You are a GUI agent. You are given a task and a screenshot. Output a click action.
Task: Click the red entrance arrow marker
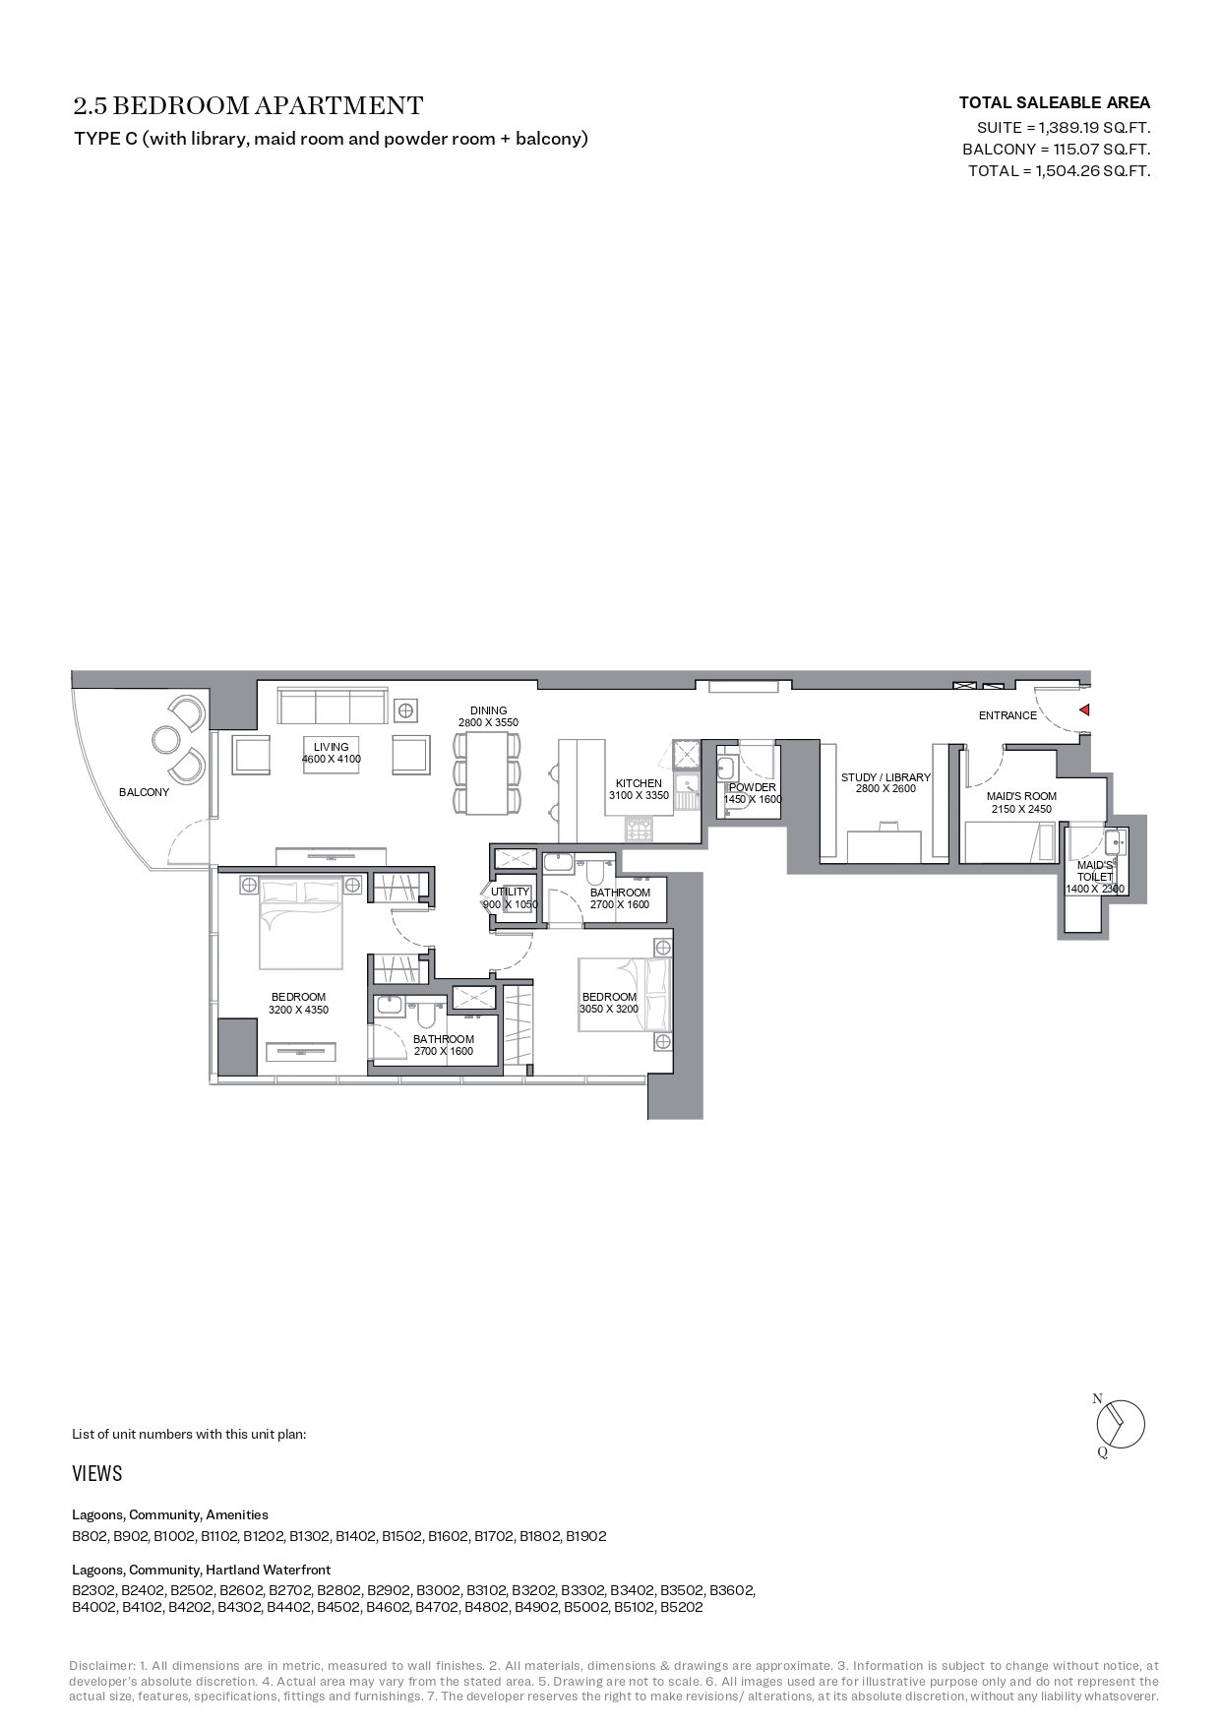coord(1084,709)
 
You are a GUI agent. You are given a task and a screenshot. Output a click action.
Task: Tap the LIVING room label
coord(332,747)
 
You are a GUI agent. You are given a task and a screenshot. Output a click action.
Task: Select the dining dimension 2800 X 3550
coord(488,722)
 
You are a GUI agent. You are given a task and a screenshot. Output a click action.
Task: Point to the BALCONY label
coord(144,792)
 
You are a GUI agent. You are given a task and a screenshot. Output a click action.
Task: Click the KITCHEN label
coord(639,783)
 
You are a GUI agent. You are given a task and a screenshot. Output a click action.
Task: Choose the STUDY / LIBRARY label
coord(885,777)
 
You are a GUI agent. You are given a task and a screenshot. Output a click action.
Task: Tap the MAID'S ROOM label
coord(1021,796)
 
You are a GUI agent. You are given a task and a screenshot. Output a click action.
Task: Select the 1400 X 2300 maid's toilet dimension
coord(1094,889)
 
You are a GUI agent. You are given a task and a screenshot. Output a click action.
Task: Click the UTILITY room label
coord(510,892)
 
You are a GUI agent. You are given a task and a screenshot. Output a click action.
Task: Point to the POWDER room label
coord(753,787)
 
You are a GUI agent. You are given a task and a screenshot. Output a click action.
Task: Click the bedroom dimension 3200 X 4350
coord(299,1010)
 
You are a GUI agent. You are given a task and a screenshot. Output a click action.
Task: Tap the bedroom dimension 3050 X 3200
coord(609,1009)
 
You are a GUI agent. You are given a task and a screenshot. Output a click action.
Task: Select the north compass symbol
coord(1121,1424)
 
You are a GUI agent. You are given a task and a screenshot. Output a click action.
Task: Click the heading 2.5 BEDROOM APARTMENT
coord(248,105)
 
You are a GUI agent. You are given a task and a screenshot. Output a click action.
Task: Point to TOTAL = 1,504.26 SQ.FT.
coord(1059,171)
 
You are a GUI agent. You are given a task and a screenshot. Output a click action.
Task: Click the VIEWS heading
coord(97,1473)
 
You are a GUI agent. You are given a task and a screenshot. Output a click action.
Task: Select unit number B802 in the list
coord(90,1536)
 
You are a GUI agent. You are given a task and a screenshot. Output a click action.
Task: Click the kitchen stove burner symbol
coord(639,832)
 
